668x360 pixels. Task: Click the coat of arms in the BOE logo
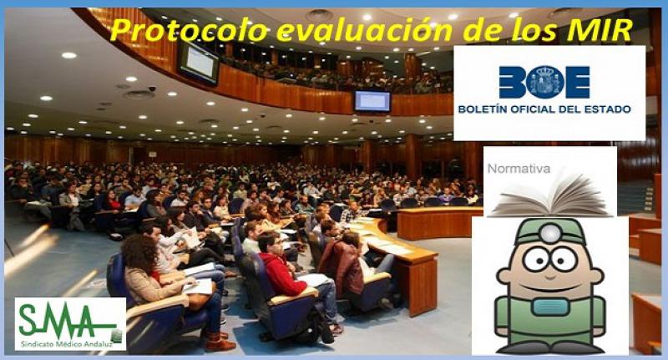[544, 82]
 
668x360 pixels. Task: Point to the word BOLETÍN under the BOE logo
[484, 109]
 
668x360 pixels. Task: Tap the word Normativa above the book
[519, 169]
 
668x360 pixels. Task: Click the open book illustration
[551, 196]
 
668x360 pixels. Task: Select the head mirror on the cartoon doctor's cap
[551, 233]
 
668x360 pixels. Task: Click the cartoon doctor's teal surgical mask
[550, 307]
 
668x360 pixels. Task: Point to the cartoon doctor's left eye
[535, 260]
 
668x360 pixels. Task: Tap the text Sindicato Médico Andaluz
[68, 343]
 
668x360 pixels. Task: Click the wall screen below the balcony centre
[372, 101]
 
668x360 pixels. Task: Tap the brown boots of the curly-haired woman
[220, 342]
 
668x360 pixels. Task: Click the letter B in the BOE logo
[512, 82]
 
